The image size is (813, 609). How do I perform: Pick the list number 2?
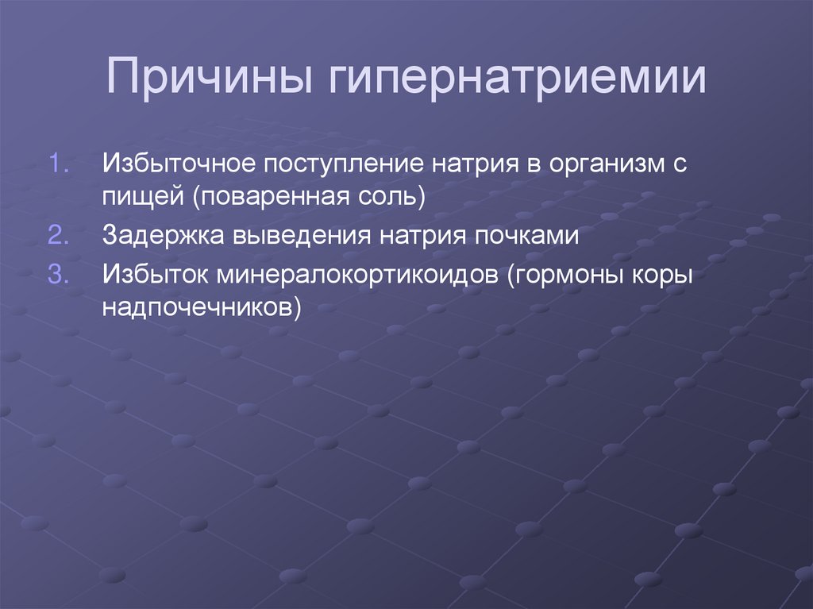tap(61, 236)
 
